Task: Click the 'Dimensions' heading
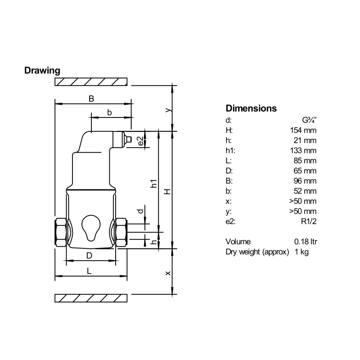pyautogui.click(x=251, y=108)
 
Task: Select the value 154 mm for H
pyautogui.click(x=303, y=130)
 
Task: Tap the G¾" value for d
pyautogui.click(x=310, y=121)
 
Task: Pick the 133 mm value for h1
pyautogui.click(x=303, y=150)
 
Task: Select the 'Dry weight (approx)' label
pyautogui.click(x=257, y=252)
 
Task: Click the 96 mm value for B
pyautogui.click(x=305, y=180)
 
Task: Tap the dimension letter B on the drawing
pyautogui.click(x=91, y=99)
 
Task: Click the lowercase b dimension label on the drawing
pyautogui.click(x=109, y=112)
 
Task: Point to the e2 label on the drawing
pyautogui.click(x=140, y=140)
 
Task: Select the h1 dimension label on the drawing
pyautogui.click(x=153, y=184)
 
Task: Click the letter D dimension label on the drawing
pyautogui.click(x=89, y=256)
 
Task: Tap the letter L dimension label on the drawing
pyautogui.click(x=89, y=271)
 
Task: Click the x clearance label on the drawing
pyautogui.click(x=168, y=273)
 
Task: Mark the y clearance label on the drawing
pyautogui.click(x=168, y=109)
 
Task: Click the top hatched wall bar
pyautogui.click(x=91, y=81)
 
